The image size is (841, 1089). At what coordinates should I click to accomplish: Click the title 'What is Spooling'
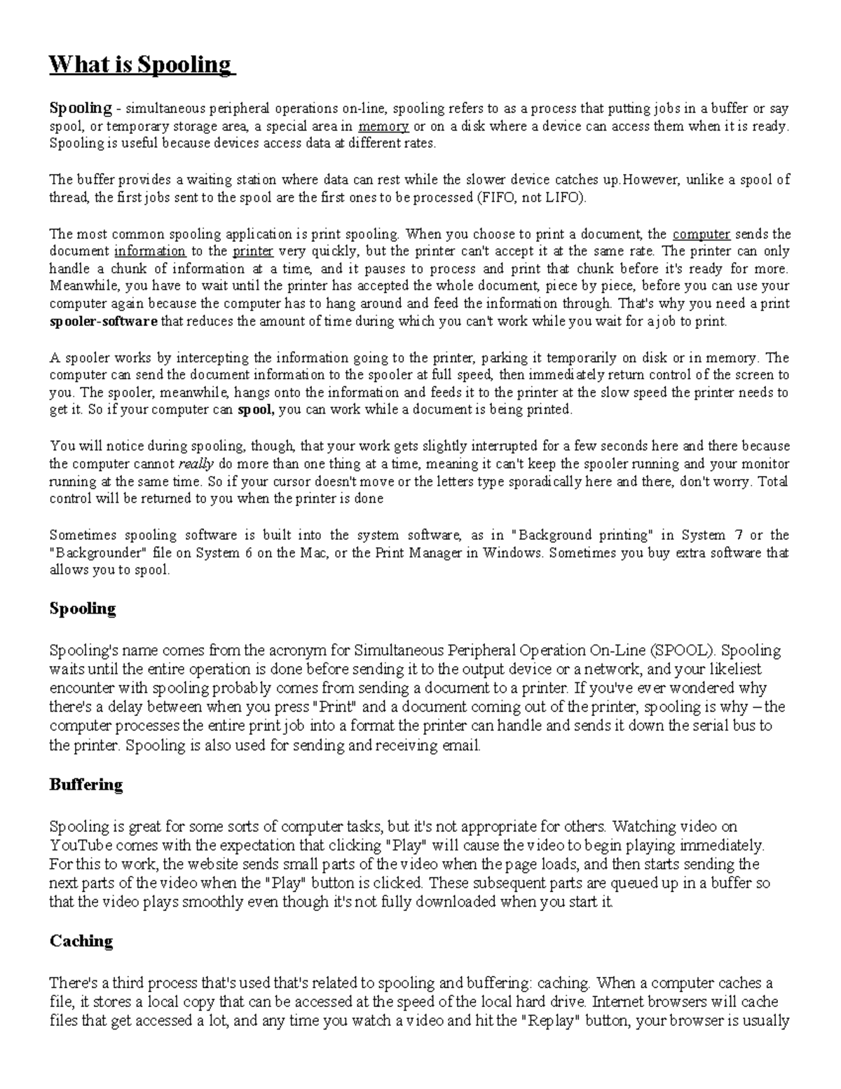(x=139, y=65)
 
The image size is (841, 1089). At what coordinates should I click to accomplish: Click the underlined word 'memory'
(x=383, y=127)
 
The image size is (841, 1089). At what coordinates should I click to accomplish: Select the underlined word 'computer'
(x=702, y=234)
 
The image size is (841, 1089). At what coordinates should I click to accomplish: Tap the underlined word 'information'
(x=150, y=251)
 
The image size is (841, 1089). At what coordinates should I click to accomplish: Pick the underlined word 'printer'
(x=252, y=251)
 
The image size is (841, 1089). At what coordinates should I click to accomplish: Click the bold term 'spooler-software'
(x=103, y=322)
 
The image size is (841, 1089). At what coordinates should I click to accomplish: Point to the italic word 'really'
(x=196, y=464)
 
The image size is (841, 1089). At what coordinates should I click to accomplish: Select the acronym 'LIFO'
(x=563, y=198)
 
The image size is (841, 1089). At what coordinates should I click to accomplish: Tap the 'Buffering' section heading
(x=86, y=785)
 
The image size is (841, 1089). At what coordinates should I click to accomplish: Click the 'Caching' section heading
(x=81, y=941)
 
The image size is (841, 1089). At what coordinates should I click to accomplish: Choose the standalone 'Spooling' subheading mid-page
(x=82, y=609)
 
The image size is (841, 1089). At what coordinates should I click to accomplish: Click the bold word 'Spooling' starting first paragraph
(x=81, y=109)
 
